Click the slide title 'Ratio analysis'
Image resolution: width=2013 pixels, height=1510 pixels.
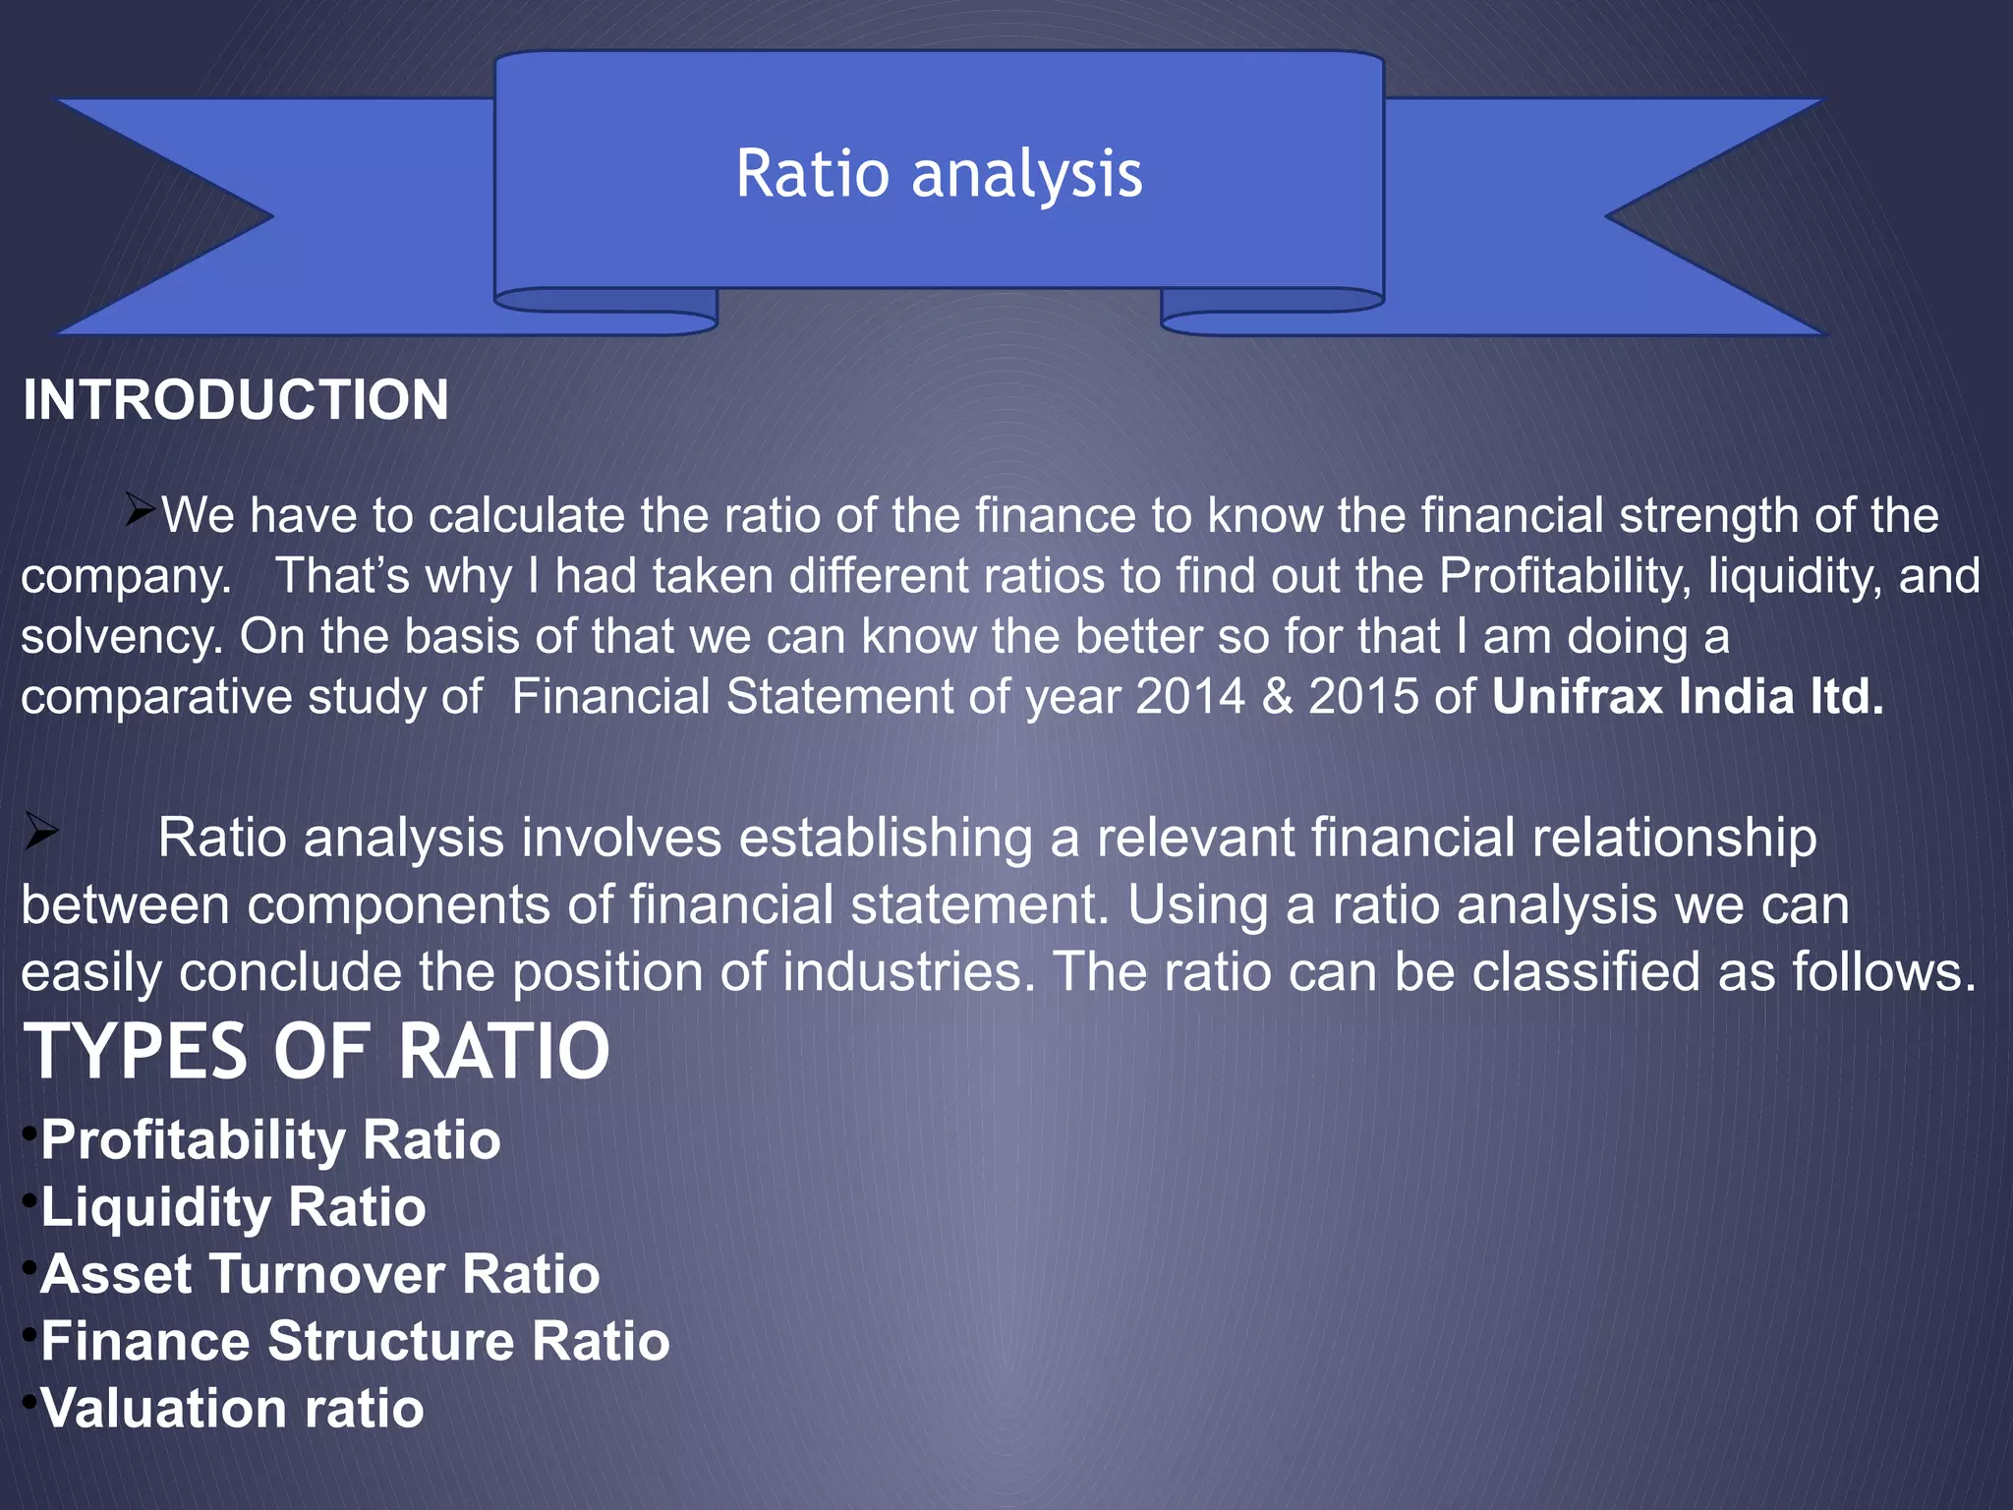pyautogui.click(x=939, y=174)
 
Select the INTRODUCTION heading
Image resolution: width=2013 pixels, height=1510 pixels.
pyautogui.click(x=236, y=400)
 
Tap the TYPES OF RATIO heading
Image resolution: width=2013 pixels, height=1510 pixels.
pyautogui.click(x=316, y=1052)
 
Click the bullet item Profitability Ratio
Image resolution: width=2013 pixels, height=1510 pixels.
pyautogui.click(x=270, y=1140)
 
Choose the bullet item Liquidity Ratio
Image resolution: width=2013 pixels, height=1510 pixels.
pyautogui.click(x=233, y=1207)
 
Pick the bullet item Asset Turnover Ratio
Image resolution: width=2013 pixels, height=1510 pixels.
pyautogui.click(x=319, y=1274)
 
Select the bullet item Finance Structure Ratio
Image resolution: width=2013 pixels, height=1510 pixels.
pyautogui.click(x=355, y=1341)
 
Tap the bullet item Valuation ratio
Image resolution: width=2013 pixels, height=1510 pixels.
pyautogui.click(x=232, y=1408)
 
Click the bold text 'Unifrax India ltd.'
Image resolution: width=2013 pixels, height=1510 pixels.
pyautogui.click(x=1687, y=697)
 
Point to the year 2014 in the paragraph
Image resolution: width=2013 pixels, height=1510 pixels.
pyautogui.click(x=1190, y=697)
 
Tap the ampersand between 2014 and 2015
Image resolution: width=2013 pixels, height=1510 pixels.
pyautogui.click(x=1277, y=697)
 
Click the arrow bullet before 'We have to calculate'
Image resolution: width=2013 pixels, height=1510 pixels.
pyautogui.click(x=141, y=509)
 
